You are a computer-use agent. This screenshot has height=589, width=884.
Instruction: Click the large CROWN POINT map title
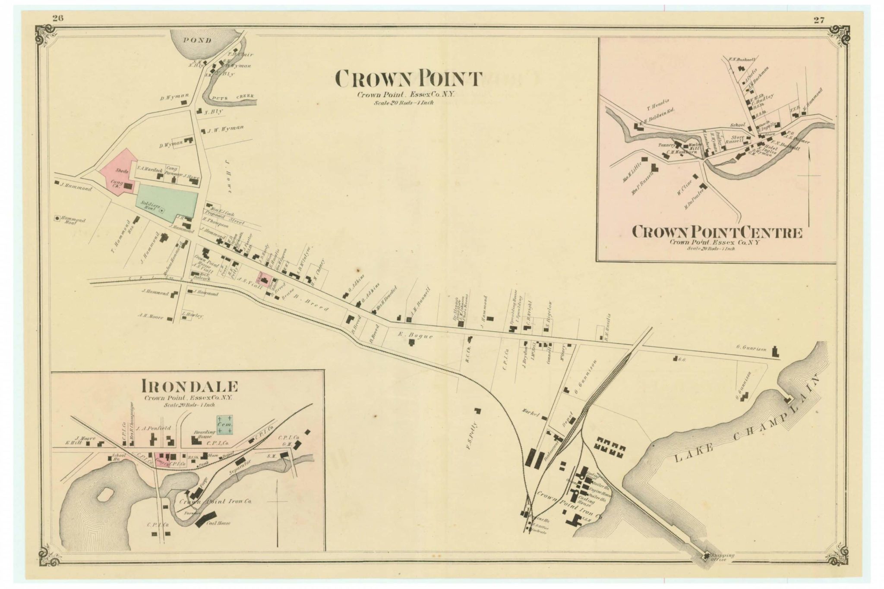pos(408,79)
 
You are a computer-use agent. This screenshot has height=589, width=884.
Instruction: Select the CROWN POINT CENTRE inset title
pos(717,233)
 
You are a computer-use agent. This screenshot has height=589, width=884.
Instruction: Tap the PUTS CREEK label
pos(234,97)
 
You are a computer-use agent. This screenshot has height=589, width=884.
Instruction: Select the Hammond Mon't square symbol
pos(57,219)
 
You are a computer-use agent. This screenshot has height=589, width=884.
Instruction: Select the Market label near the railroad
pos(530,409)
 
